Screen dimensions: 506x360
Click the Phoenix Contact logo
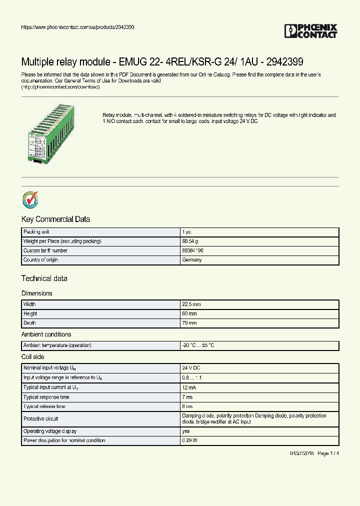[310, 31]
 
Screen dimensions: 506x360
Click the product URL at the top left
[77, 27]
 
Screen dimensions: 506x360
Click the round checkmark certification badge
[30, 199]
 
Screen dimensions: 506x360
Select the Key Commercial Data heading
[55, 219]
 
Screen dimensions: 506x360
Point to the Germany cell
[192, 260]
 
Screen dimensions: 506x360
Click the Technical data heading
[44, 278]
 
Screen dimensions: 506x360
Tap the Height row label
[30, 314]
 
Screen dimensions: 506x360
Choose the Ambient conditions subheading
[46, 334]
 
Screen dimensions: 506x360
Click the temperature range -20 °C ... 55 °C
[199, 345]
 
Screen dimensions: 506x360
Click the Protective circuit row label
[41, 419]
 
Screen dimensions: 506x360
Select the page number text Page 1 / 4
[328, 453]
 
